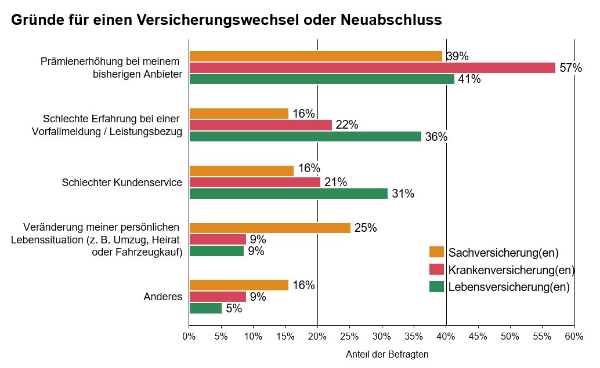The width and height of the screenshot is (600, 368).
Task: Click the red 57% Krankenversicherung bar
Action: tap(373, 68)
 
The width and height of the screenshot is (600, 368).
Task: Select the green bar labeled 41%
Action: tap(322, 79)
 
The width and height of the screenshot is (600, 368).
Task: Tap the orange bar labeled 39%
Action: tap(316, 56)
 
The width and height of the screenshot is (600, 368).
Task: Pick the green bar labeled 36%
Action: tap(305, 136)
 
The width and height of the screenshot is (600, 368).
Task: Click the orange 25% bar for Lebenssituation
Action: tap(270, 228)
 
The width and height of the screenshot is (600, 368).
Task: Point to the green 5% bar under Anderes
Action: tap(205, 308)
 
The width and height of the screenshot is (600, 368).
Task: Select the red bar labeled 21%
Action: tap(255, 183)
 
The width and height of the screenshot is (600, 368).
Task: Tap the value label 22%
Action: tap(347, 125)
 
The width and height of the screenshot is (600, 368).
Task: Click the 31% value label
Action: tap(403, 194)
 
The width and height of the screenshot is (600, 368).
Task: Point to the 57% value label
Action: tap(571, 68)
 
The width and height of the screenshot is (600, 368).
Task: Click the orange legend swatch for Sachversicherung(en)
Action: tap(436, 252)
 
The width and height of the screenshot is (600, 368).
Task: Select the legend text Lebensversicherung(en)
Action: tap(509, 287)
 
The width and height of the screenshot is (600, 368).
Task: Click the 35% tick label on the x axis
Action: tap(414, 337)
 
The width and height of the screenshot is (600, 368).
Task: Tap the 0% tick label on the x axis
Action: tap(189, 337)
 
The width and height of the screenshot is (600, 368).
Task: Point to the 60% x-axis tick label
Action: tap(574, 337)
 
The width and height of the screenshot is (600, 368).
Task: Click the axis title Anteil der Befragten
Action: tap(387, 355)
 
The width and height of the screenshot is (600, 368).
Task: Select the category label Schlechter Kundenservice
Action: tap(122, 183)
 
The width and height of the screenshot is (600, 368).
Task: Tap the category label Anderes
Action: tap(163, 297)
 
